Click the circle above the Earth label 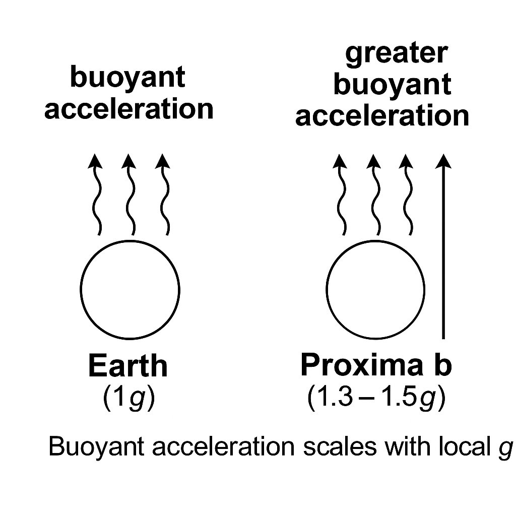130,289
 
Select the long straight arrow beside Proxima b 443,247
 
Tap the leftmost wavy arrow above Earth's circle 96,197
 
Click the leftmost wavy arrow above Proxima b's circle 341,197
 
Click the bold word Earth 127,366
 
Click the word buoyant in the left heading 128,78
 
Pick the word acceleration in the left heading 129,109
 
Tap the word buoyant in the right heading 392,85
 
